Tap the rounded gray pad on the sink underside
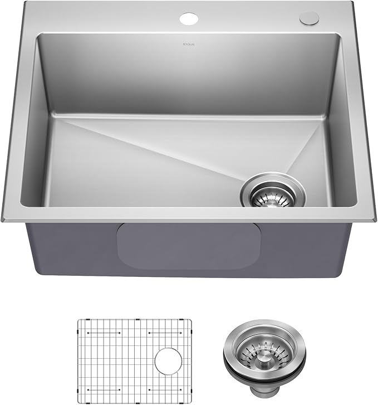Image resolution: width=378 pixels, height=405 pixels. [189, 245]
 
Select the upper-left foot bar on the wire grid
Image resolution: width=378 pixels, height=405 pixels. [105, 334]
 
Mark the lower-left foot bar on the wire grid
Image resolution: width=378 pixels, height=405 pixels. [105, 388]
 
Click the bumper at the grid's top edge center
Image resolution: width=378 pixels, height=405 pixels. [134, 320]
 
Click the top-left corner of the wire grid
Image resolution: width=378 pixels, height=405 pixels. [78, 321]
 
